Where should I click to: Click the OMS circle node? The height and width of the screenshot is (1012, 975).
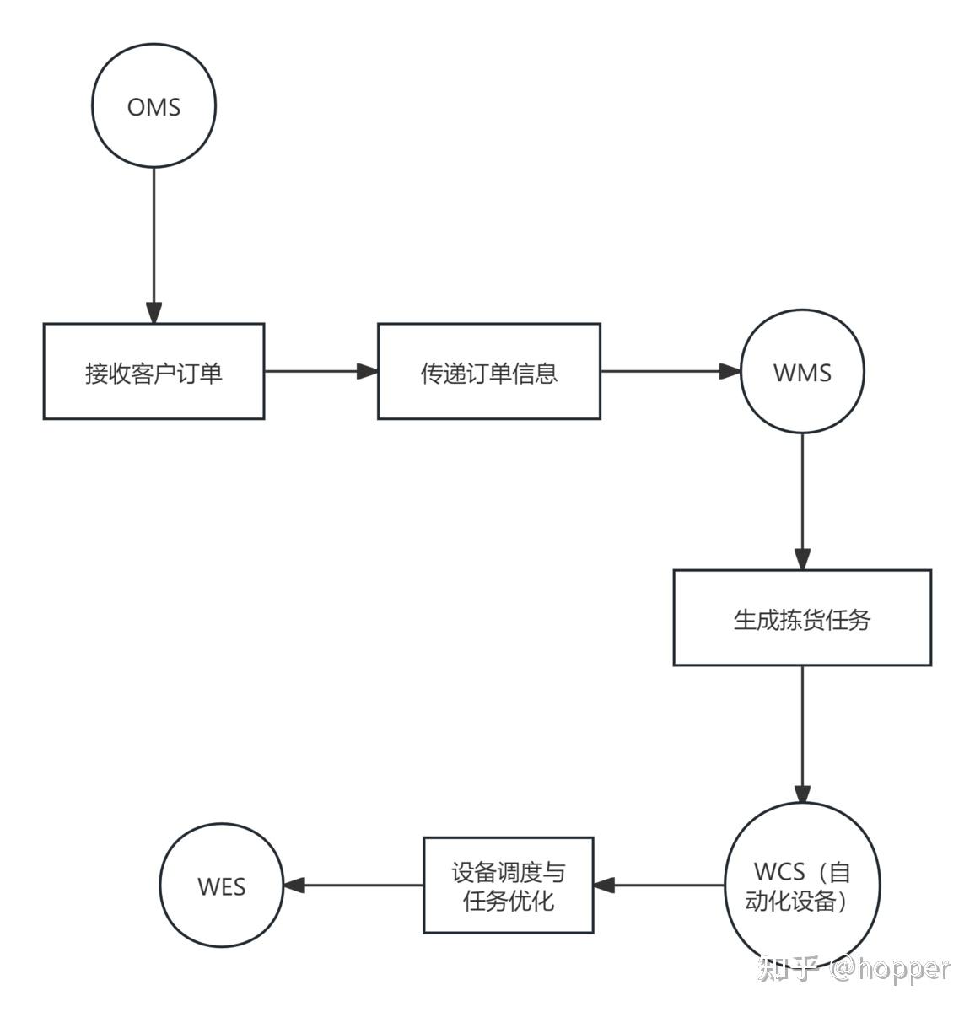coord(154,106)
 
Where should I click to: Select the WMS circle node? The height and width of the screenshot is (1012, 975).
coord(802,372)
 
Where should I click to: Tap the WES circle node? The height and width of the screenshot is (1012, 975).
coord(222,885)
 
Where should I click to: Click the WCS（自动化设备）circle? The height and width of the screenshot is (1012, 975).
coord(801,885)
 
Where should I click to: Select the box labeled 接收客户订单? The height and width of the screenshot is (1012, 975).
coord(154,371)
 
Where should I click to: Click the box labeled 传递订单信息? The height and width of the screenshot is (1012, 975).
coord(488,371)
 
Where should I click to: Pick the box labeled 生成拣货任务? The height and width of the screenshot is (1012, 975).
coord(801,617)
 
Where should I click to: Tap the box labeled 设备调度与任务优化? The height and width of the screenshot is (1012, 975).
coord(508,885)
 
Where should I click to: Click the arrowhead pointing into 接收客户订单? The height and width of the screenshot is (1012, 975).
coord(154,312)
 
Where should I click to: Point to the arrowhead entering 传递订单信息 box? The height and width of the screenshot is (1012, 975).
coord(367,371)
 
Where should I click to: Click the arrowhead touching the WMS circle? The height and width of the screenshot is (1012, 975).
coord(730,371)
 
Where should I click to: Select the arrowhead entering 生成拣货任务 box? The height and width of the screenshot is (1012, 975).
coord(802,559)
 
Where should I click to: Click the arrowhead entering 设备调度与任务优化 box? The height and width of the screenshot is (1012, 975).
coord(605,885)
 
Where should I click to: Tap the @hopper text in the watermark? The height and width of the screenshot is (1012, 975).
coord(890,968)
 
